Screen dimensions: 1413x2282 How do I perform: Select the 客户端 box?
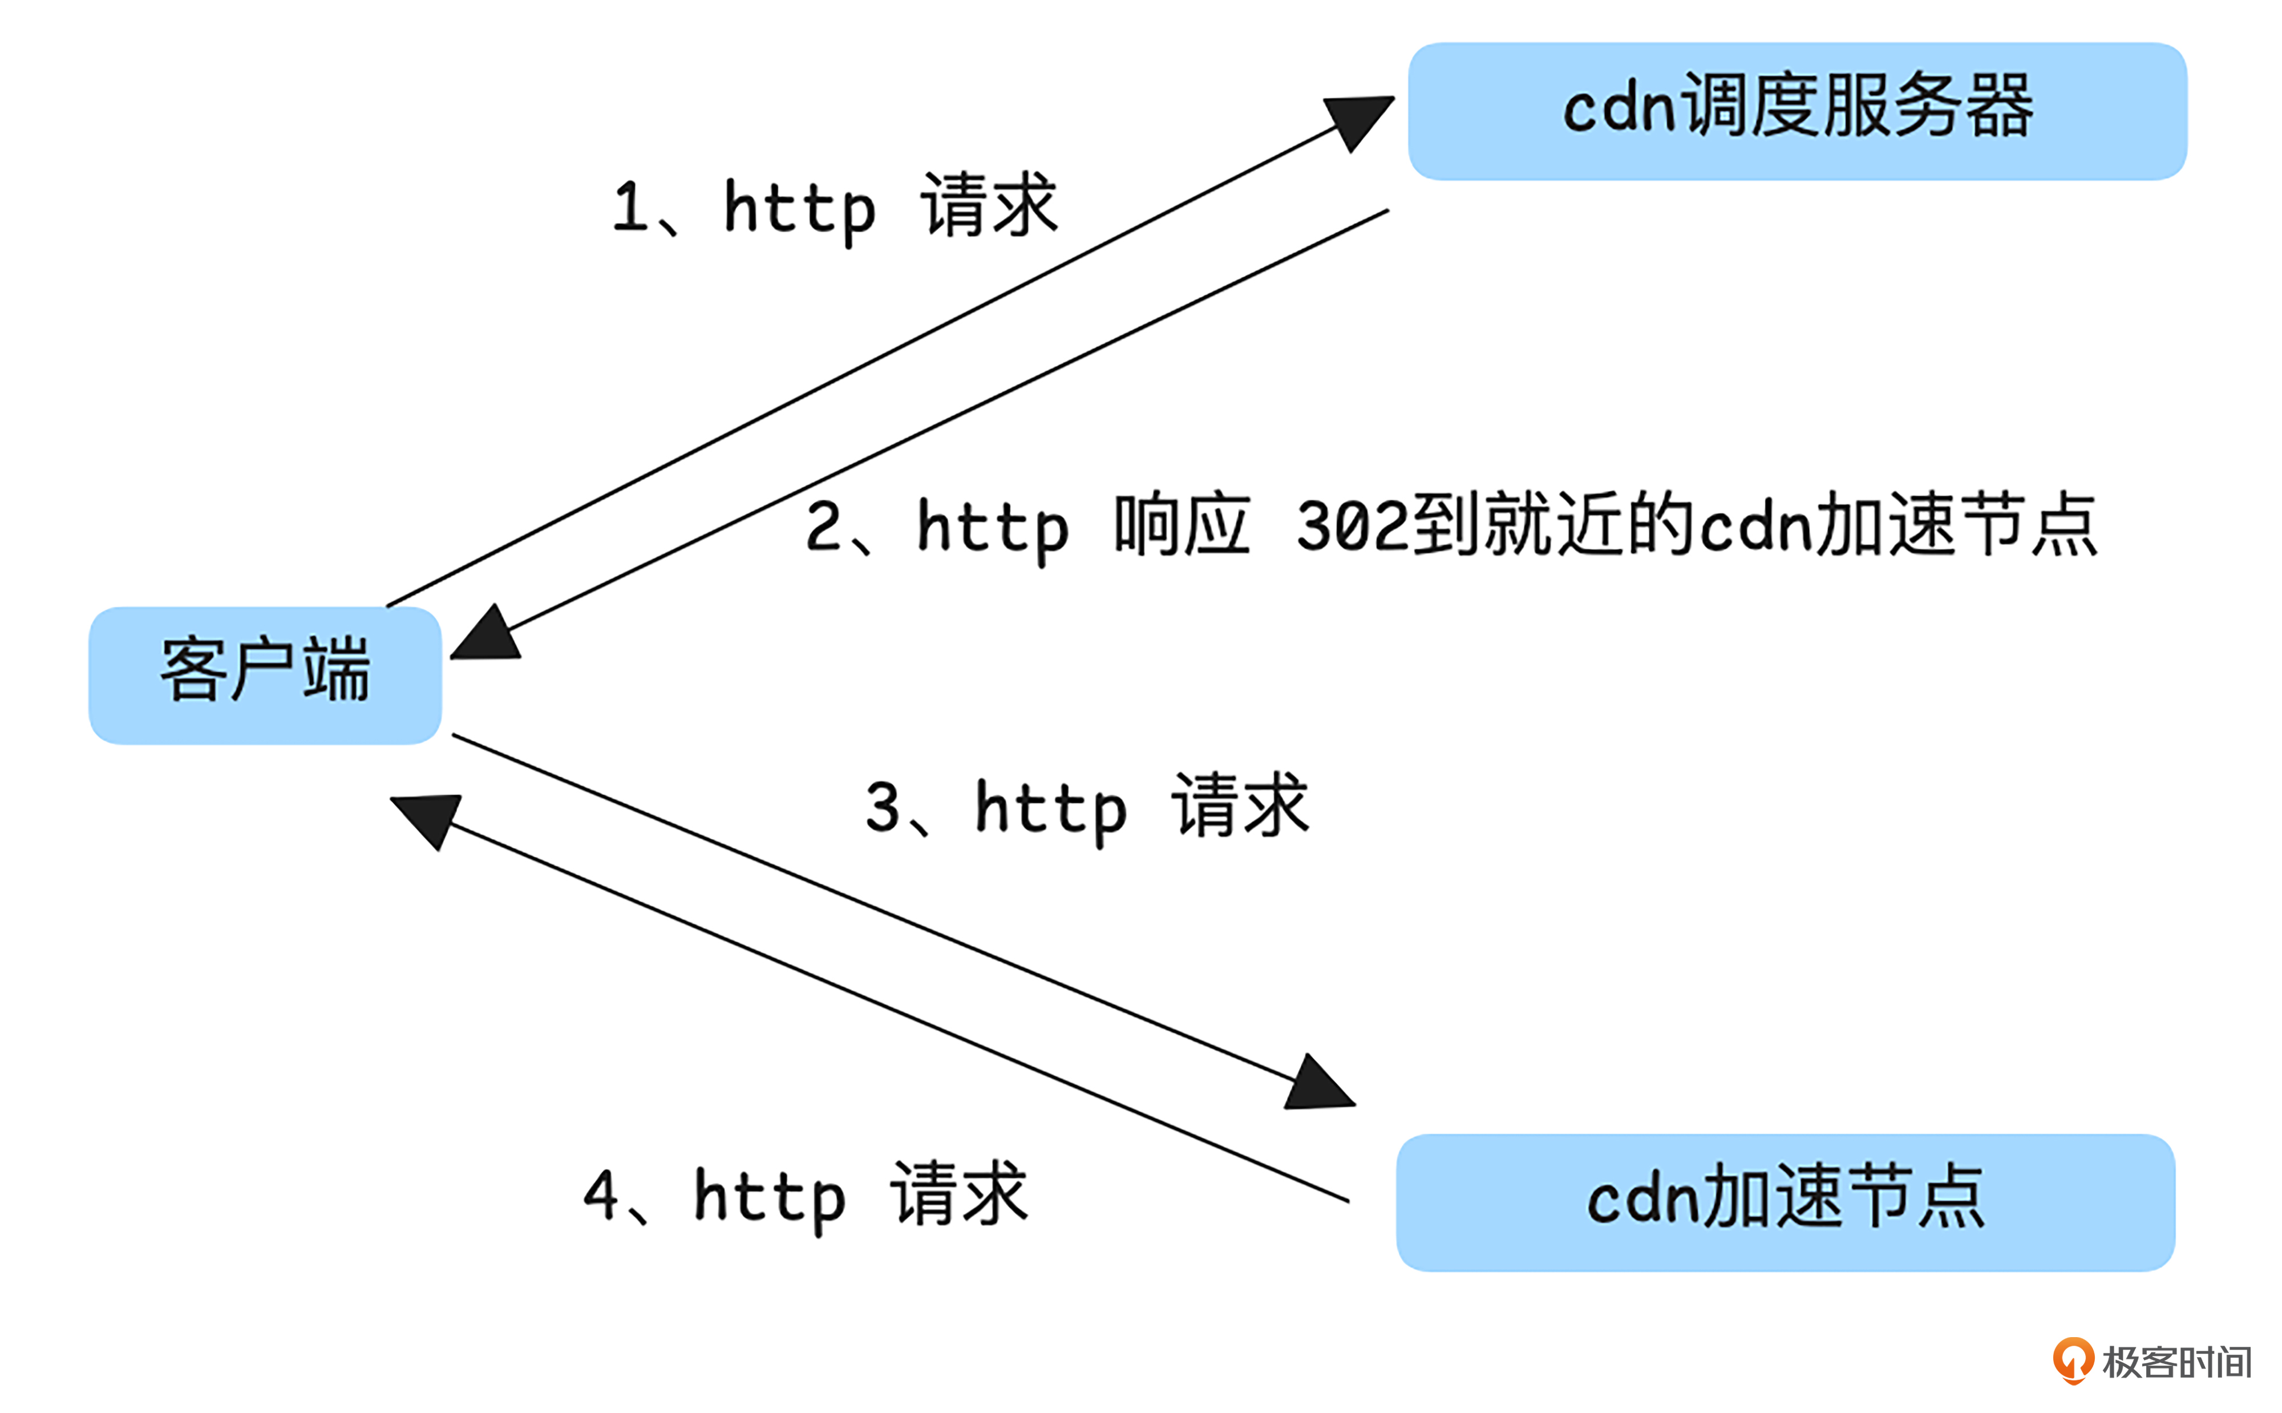click(x=265, y=675)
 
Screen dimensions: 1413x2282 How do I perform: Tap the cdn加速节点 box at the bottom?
click(x=1785, y=1202)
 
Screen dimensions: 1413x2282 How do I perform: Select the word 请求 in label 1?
click(x=989, y=205)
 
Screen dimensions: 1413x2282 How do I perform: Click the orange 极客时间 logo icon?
click(x=2071, y=1360)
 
